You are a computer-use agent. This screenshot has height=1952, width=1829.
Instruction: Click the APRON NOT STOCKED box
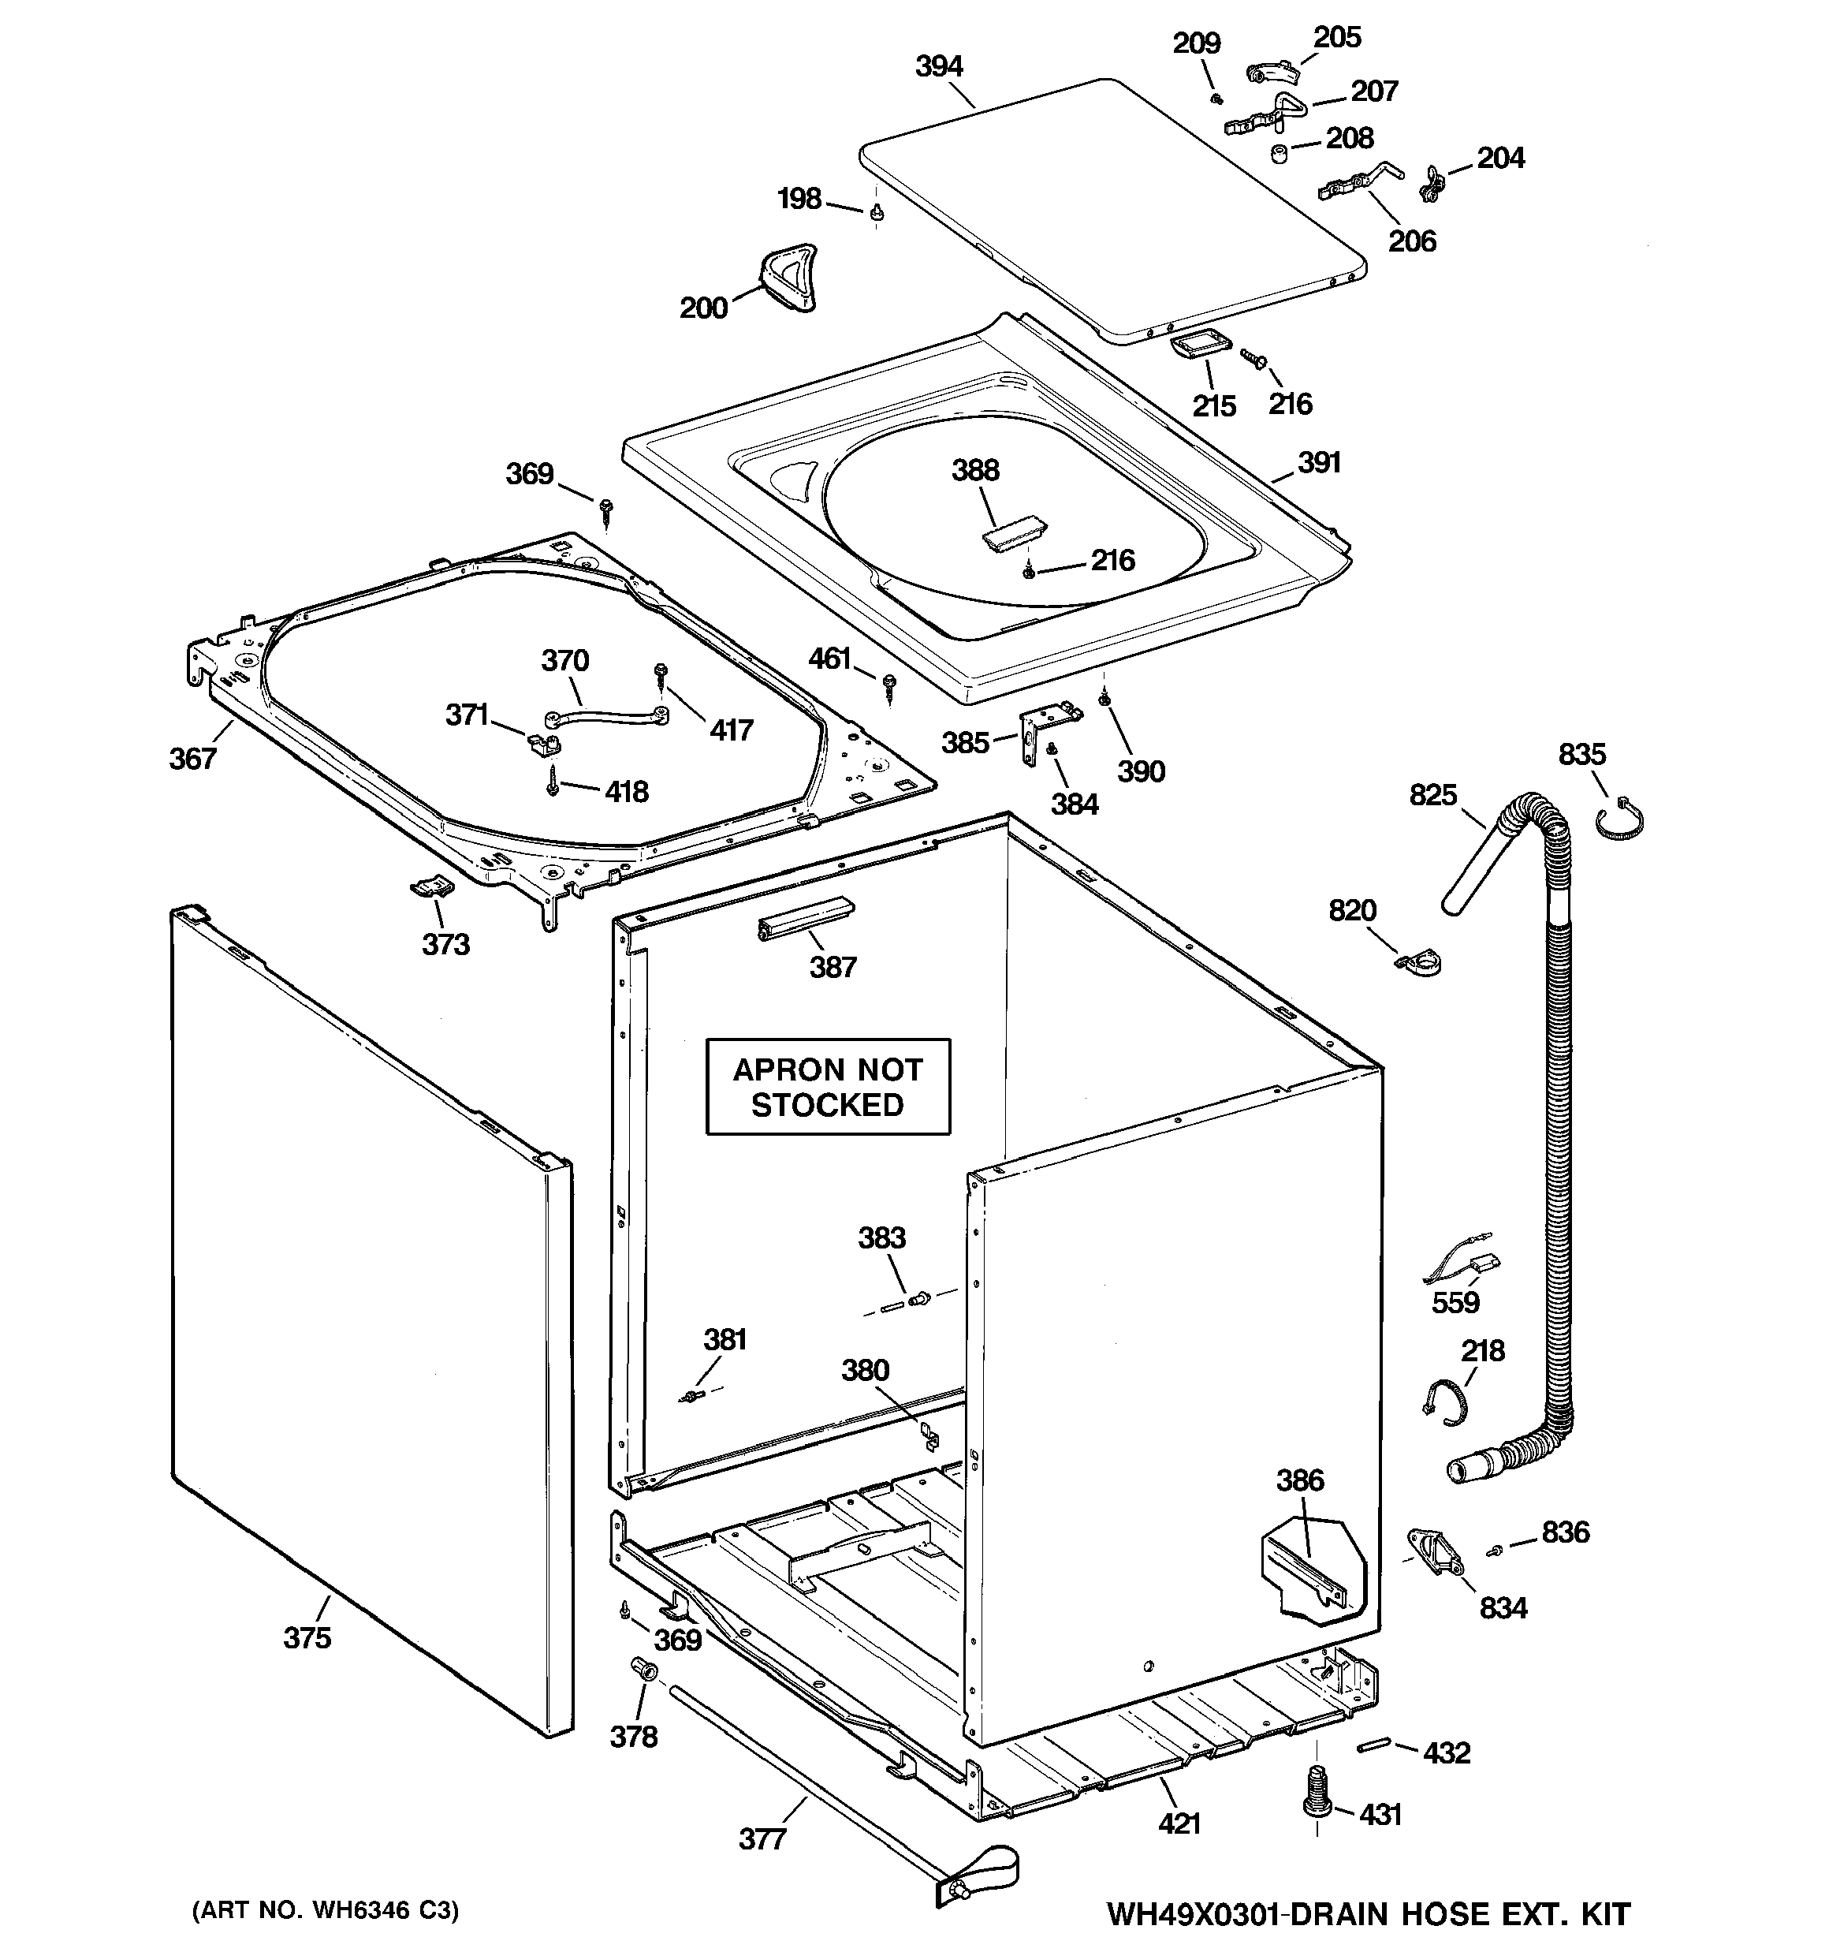[x=828, y=1087]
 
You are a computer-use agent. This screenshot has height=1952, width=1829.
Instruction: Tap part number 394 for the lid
[x=939, y=67]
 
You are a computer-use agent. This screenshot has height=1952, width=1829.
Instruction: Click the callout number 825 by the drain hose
[x=1432, y=794]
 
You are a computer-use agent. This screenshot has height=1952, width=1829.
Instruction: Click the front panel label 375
[x=307, y=1638]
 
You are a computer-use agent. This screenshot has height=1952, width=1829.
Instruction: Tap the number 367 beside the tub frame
[x=192, y=758]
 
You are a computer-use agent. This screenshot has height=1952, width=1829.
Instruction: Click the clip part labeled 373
[x=431, y=886]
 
